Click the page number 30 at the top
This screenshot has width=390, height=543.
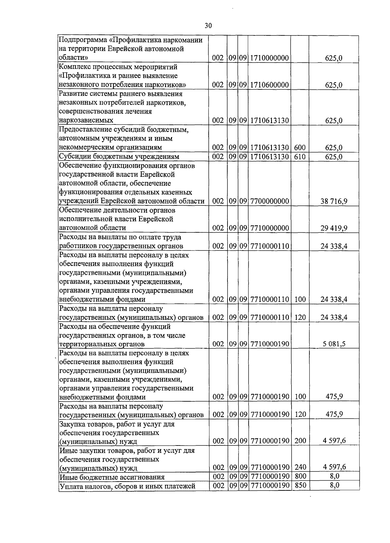(x=208, y=26)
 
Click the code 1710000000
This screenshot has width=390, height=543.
(x=269, y=58)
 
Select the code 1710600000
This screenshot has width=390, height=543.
(x=269, y=85)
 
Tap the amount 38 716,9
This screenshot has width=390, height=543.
(x=334, y=201)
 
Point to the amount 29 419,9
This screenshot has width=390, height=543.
(x=334, y=228)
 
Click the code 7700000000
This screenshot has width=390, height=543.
(x=269, y=201)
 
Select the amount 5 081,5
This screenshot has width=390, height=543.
(x=334, y=344)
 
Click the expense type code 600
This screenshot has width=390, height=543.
(x=300, y=148)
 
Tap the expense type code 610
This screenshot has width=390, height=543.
(x=300, y=157)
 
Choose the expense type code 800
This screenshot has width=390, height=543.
(x=300, y=476)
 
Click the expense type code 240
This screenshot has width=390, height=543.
(x=300, y=467)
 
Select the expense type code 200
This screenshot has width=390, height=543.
(x=300, y=441)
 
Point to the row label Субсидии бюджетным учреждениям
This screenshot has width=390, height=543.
(x=119, y=157)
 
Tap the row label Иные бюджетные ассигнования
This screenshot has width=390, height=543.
(x=112, y=477)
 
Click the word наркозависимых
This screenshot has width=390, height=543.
(x=86, y=121)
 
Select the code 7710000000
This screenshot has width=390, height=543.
(x=269, y=228)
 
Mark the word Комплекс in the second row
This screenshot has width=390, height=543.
(x=74, y=67)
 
